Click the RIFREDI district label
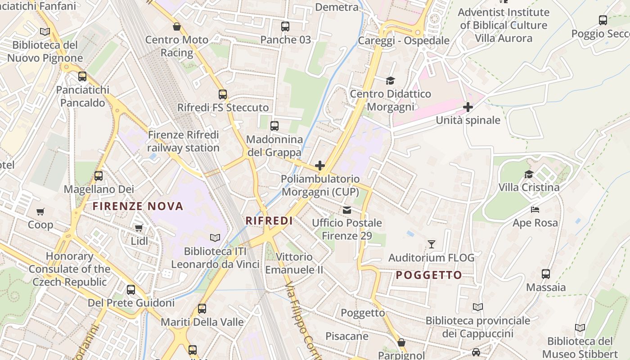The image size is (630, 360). tap(269, 220)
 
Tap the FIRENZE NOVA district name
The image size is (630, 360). tap(138, 206)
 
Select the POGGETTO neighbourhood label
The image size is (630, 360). tap(429, 275)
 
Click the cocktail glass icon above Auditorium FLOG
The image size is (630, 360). tap(432, 244)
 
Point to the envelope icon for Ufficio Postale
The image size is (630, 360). tap(347, 210)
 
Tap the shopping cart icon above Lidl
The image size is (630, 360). tap(139, 228)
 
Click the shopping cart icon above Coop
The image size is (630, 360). tap(40, 211)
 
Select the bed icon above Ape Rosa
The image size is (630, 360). tap(535, 210)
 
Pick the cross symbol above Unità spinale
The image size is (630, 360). tap(468, 107)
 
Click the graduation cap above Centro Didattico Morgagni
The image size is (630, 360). tap(390, 81)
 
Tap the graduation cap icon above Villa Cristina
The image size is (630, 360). tap(529, 174)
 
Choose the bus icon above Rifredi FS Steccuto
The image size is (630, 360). tap(223, 94)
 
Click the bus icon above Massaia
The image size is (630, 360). tap(546, 274)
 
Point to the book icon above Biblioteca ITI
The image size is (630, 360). tap(215, 238)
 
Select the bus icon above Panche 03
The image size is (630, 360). tap(285, 27)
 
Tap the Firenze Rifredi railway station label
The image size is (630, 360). tap(183, 141)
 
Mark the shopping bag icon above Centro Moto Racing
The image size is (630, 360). tap(177, 27)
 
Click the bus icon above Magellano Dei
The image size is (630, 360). tap(99, 176)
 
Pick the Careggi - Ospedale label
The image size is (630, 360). tap(404, 40)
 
